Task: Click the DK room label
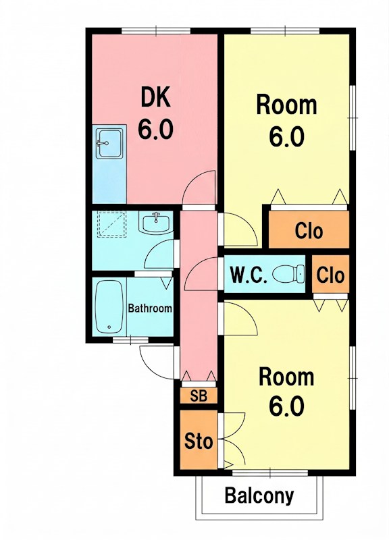pos(155,113)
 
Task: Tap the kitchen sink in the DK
pos(109,143)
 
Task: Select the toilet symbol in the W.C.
pos(289,274)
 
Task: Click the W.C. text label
pos(249,275)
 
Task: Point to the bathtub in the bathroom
pos(109,306)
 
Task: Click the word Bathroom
pos(150,308)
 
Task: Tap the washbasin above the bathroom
pos(156,223)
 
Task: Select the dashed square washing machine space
pos(111,224)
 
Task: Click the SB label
pos(199,396)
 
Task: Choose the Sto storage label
pos(199,441)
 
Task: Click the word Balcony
pos(259,495)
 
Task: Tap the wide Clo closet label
pos(309,231)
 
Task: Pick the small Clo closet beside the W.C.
pos(330,275)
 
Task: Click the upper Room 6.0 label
pos(286,122)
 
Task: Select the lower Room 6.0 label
pos(286,392)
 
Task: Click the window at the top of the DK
pos(156,30)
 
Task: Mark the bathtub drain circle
pos(109,327)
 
